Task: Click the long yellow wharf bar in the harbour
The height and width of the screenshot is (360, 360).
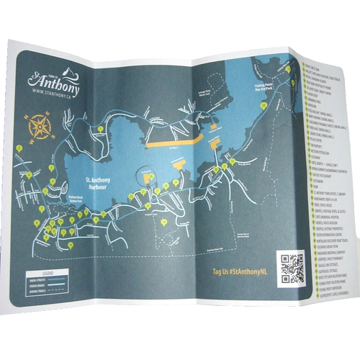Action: [170, 143]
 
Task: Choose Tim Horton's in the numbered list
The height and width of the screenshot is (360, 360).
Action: [318, 145]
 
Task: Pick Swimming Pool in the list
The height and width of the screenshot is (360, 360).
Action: [315, 102]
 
